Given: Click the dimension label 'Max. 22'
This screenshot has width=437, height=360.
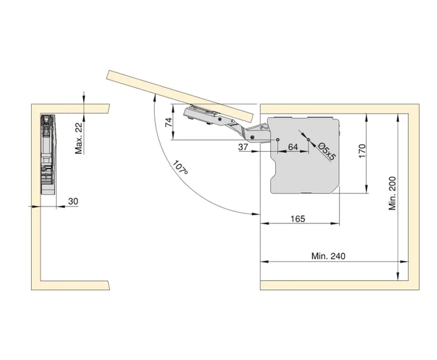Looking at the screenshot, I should coord(79,138).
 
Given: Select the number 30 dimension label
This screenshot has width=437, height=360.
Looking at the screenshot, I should coord(73,201).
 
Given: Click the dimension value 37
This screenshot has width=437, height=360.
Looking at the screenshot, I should coord(244,147).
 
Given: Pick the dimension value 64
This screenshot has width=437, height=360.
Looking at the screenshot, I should coord(292,147).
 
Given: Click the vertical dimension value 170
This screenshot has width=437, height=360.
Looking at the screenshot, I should coord(362,152).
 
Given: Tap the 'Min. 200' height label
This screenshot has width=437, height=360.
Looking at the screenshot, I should coord(393,192).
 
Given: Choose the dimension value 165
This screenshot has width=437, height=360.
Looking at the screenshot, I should coord(298,218).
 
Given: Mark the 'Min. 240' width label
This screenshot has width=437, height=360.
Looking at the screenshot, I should coord(328,256).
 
